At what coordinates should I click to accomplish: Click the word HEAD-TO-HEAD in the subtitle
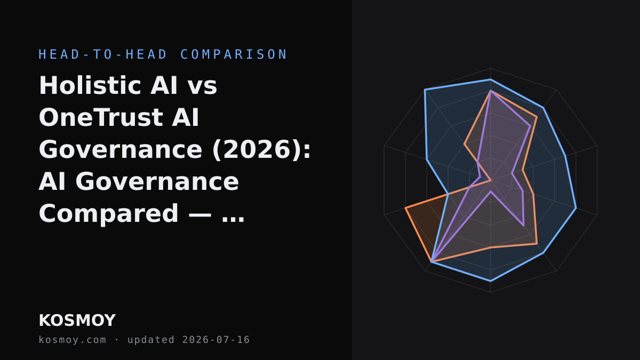102,54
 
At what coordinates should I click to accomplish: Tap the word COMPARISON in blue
234,54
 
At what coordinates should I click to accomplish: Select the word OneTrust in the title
101,117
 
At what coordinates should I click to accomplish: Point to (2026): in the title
261,149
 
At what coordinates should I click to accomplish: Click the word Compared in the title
109,214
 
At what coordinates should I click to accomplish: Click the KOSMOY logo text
77,321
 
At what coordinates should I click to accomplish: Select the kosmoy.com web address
73,340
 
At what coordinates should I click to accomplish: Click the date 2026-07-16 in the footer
216,340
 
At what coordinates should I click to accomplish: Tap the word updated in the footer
151,340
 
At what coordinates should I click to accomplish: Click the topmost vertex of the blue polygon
491,79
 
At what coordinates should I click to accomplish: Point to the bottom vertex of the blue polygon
491,282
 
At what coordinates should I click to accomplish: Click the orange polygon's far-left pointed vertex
405,208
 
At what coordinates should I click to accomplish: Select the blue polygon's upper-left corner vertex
425,90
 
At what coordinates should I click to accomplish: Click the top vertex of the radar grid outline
491,68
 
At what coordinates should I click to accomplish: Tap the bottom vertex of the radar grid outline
491,292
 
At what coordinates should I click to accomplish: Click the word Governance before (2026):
121,149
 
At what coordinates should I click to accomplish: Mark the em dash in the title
200,214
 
